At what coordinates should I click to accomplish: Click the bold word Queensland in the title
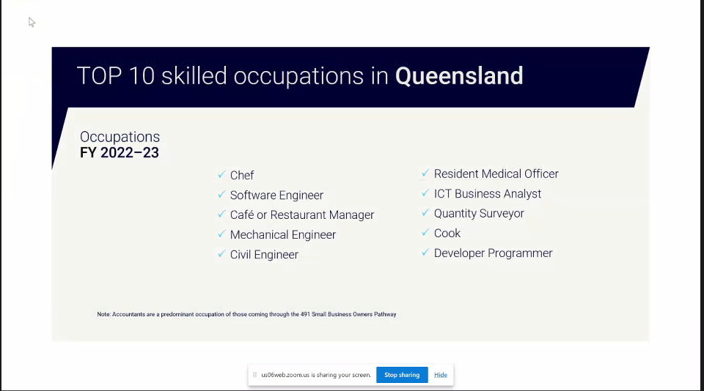tap(459, 75)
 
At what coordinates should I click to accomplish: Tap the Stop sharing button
tap(402, 375)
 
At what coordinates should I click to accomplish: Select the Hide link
tap(441, 375)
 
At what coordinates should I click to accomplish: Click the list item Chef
tap(242, 175)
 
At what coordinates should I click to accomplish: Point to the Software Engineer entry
tap(276, 195)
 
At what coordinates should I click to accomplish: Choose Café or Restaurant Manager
tap(302, 215)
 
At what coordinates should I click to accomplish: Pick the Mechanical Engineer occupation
tap(283, 234)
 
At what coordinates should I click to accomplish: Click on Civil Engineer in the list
tap(264, 255)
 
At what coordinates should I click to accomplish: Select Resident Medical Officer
tap(496, 174)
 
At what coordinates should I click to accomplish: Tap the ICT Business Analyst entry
tap(488, 194)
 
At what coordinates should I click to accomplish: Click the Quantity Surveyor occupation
tap(479, 213)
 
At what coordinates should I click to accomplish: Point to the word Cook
tap(447, 233)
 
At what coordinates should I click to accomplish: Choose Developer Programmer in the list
tap(493, 253)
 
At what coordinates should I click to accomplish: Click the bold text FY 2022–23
tap(120, 153)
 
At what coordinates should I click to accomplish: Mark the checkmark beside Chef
tap(221, 174)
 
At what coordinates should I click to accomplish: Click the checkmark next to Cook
tap(425, 232)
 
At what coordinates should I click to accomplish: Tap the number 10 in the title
tap(142, 75)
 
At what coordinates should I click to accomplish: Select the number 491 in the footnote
tap(305, 314)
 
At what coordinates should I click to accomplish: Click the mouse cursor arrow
tap(32, 22)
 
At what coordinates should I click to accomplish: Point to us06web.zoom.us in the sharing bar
tap(285, 375)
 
